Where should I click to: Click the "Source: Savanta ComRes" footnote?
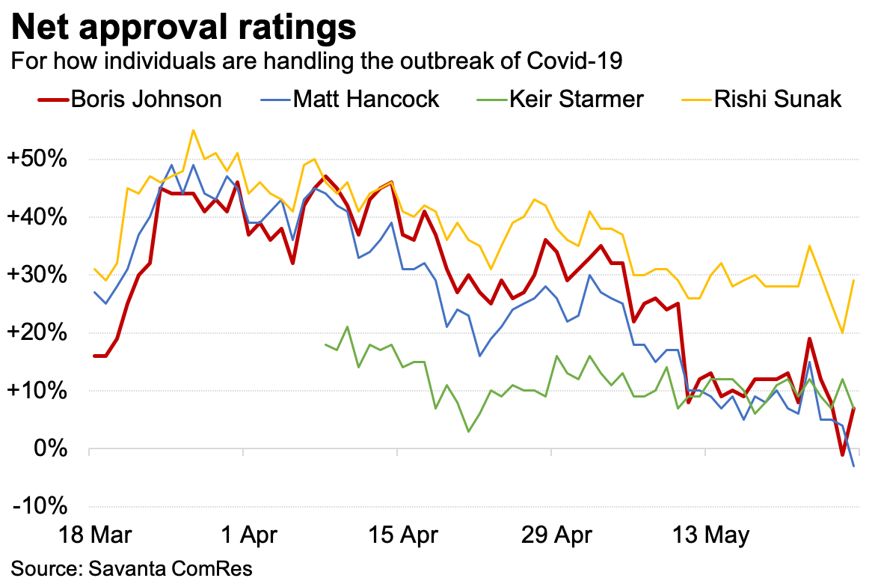[132, 568]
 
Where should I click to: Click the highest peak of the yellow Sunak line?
[193, 130]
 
